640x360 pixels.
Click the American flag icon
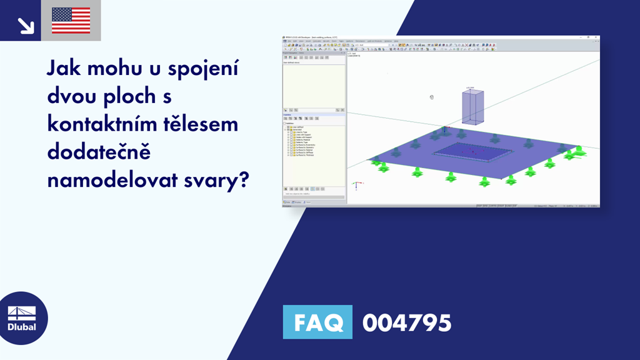coord(71,21)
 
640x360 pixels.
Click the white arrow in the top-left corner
coord(26,24)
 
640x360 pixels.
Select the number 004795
coord(406,323)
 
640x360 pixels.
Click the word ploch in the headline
coord(132,97)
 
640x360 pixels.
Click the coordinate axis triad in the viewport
coord(355,185)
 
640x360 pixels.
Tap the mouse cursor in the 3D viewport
coord(432,97)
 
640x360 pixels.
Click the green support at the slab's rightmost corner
coord(579,151)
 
